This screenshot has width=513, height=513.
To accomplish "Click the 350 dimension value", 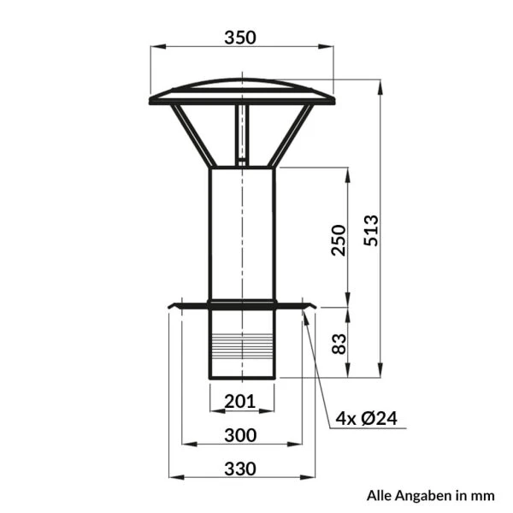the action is point(240,38).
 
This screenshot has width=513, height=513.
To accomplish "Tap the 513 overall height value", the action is point(371,231).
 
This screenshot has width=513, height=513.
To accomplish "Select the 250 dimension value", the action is point(339,239).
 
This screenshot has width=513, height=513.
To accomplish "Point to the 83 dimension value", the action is point(339,344).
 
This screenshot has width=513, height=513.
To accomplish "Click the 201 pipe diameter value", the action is point(239,401).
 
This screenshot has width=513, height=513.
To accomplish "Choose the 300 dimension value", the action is point(240,435).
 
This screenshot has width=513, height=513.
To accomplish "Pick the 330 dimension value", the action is point(240,469).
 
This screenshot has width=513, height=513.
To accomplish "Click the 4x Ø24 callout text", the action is point(367,418).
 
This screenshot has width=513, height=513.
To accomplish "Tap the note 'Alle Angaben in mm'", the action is point(431,496).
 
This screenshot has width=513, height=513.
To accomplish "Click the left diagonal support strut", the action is point(193,135).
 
